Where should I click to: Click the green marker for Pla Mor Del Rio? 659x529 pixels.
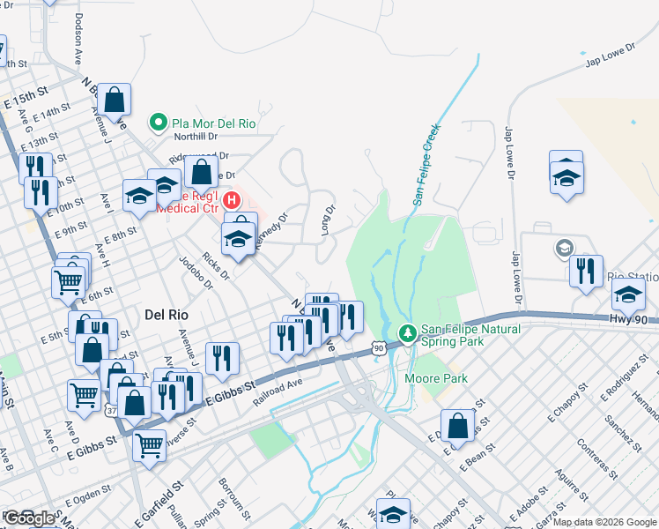tap(159, 123)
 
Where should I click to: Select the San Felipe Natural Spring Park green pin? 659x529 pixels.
tap(407, 333)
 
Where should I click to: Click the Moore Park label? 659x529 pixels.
tap(435, 378)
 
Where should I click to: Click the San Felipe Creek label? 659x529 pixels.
tap(426, 165)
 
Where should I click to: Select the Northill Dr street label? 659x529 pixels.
tap(195, 137)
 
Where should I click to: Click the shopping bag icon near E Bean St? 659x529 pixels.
tap(458, 427)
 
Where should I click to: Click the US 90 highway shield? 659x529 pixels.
tap(378, 349)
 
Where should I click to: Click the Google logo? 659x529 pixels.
tap(29, 518)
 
